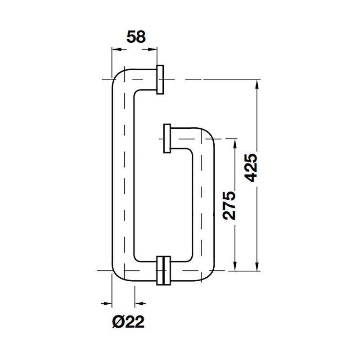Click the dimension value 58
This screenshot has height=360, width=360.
136,36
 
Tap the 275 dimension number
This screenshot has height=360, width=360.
229,205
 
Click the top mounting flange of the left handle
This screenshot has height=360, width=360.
160,80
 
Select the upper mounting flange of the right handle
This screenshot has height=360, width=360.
168,139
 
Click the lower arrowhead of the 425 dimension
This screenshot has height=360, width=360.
257,266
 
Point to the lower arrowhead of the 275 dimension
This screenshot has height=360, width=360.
234,266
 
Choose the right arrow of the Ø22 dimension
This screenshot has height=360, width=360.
139,302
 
